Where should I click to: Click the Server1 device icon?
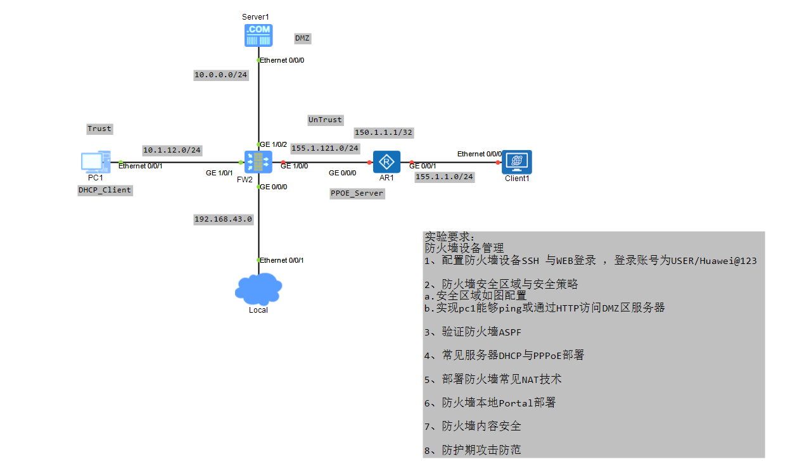(258, 35)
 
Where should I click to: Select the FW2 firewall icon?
(258, 163)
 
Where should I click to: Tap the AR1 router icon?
(386, 163)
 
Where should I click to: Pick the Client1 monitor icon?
(516, 161)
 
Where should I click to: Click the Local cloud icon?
(258, 289)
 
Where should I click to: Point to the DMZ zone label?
(303, 38)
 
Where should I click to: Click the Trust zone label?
(99, 129)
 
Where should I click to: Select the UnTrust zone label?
(325, 120)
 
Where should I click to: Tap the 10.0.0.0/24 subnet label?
(220, 75)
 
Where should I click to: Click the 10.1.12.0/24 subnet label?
(172, 150)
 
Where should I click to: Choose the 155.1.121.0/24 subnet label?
(325, 148)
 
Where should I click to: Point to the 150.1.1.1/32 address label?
(383, 133)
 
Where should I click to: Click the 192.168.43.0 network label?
(223, 219)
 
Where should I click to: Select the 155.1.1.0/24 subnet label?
(444, 177)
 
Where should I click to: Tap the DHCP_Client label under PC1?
(105, 190)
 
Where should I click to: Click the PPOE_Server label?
(357, 193)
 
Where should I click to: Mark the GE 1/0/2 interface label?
(273, 144)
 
